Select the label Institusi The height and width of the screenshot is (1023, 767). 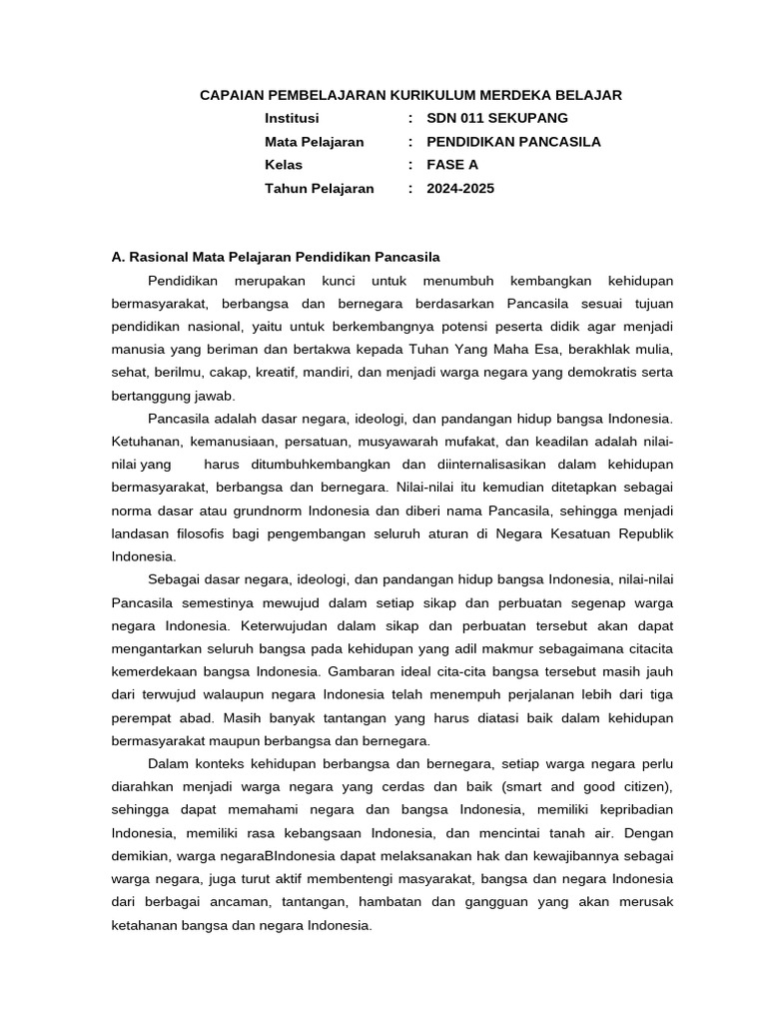pos(292,118)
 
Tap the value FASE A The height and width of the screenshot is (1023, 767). pos(452,165)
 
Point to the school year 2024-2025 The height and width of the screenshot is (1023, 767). pos(460,188)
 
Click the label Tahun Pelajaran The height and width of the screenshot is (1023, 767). pos(319,188)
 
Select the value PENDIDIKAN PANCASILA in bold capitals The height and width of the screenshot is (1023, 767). pos(513,142)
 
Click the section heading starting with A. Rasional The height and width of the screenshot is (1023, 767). pos(276,257)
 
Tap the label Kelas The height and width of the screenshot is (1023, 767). pos(284,165)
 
